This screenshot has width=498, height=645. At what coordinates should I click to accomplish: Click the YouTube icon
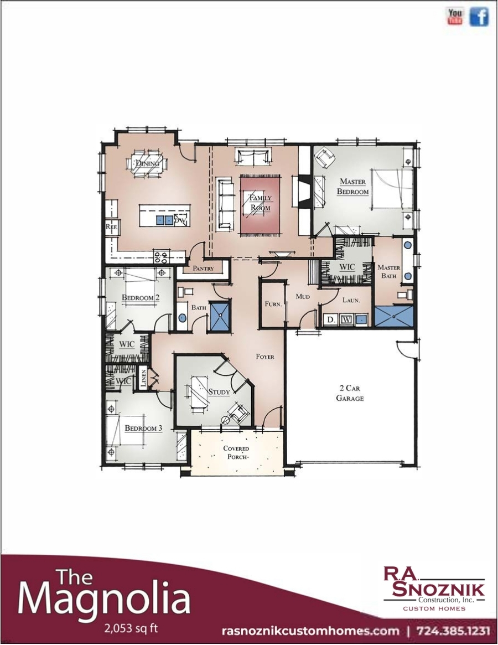point(455,17)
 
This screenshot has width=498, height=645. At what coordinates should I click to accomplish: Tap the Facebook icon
point(479,17)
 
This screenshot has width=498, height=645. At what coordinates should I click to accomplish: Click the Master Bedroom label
point(354,187)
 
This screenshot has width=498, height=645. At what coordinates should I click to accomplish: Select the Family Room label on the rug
point(260,203)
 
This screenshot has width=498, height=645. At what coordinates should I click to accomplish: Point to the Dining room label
point(147,163)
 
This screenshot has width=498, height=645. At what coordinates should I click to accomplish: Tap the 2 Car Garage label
point(350,393)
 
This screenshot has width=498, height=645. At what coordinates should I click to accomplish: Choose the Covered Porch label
point(236,452)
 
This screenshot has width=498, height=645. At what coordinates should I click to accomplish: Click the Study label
point(219,392)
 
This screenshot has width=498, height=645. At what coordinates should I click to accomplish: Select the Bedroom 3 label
point(143,428)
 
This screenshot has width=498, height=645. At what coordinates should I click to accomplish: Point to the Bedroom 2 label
point(141,298)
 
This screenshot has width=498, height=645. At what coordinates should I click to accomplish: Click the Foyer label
point(265,357)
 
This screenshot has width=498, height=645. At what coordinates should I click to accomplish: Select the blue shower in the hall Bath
point(220,316)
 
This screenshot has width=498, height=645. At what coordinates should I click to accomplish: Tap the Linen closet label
point(143,378)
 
